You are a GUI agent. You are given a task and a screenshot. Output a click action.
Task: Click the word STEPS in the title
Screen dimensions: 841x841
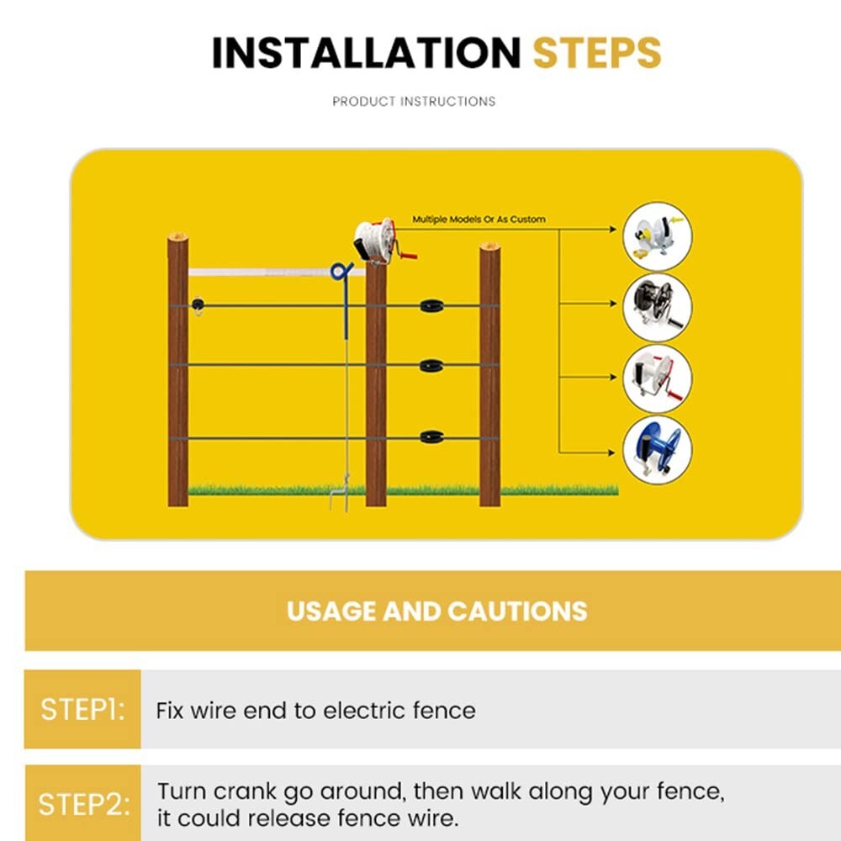(597, 52)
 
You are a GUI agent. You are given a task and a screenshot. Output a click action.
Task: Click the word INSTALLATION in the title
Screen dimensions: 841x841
(367, 52)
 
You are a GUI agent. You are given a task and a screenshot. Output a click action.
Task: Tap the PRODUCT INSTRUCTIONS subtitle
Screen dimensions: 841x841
(414, 102)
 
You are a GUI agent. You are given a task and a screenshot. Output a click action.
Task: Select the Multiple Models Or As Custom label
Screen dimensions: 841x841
(479, 220)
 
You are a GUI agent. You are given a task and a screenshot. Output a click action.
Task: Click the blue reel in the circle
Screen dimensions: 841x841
(658, 449)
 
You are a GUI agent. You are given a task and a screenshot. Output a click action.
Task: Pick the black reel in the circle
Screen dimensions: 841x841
(658, 307)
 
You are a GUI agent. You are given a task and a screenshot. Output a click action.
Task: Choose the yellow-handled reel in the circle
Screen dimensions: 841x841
(658, 236)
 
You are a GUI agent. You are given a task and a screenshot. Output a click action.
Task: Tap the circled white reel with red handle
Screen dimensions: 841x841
(658, 378)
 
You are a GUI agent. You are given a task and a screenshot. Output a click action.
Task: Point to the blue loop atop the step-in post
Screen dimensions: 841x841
(341, 271)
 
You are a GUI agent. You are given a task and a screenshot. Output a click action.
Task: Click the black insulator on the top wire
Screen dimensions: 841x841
(431, 306)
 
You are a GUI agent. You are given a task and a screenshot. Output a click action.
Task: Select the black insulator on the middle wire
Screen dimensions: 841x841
(431, 366)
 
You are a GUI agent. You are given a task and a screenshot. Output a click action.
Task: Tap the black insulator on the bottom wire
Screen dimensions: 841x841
(431, 437)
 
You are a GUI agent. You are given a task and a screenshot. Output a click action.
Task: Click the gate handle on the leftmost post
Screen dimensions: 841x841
(198, 305)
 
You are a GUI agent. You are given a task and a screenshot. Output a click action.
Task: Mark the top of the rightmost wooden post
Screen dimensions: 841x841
(489, 247)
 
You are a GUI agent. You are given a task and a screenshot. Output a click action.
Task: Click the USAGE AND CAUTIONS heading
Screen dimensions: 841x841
(437, 611)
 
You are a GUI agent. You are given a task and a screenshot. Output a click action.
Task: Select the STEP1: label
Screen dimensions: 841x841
(82, 710)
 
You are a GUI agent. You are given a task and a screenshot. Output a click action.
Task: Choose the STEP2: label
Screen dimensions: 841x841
(84, 804)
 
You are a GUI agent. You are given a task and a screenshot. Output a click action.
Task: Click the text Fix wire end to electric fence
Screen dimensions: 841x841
(316, 711)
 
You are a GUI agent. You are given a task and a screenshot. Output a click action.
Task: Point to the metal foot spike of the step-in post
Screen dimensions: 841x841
(340, 494)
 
